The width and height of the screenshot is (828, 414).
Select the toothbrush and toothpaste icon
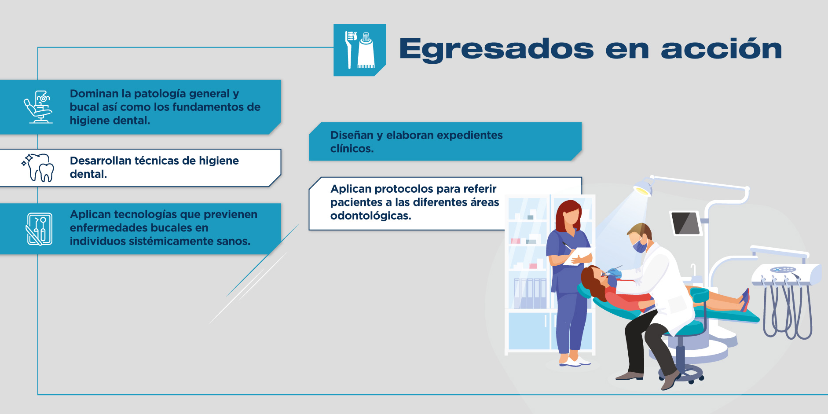(x=360, y=50)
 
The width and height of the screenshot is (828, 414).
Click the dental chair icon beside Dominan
(x=38, y=107)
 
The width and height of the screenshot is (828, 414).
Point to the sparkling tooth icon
(x=38, y=168)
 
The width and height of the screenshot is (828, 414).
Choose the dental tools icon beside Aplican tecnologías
(x=39, y=229)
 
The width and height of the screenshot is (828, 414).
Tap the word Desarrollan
(x=100, y=161)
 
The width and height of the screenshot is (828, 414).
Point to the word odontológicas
(x=371, y=216)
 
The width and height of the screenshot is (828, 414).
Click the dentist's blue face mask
(x=639, y=245)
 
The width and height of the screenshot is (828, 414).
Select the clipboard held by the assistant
(x=578, y=256)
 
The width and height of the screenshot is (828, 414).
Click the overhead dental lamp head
(x=643, y=187)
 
